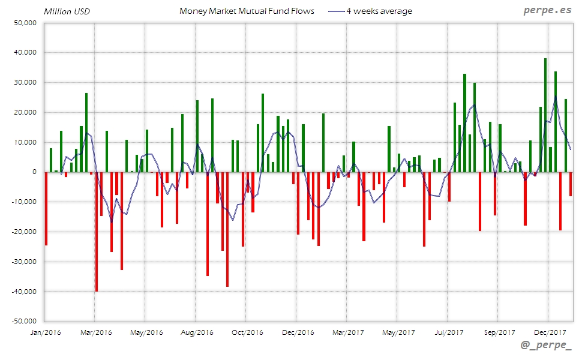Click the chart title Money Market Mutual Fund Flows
tap(247, 11)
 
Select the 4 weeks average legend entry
tap(371, 11)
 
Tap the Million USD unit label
tap(67, 11)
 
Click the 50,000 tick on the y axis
tap(25, 23)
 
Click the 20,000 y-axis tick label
tap(25, 112)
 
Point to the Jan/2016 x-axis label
tap(46, 332)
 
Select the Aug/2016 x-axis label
tap(197, 332)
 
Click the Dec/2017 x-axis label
tap(550, 332)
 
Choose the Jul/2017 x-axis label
tap(448, 332)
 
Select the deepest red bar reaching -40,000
tap(97, 232)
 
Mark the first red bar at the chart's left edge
tap(46, 208)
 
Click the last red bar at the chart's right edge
tap(571, 184)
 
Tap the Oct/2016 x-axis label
tap(247, 332)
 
